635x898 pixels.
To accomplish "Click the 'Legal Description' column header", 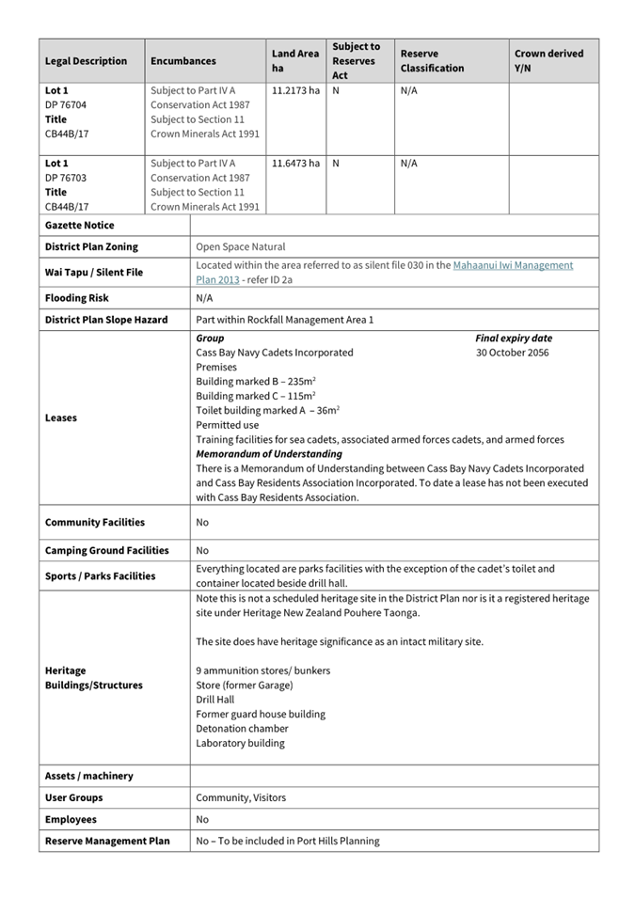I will pyautogui.click(x=86, y=61).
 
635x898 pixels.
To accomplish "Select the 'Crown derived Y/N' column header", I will pyautogui.click(x=548, y=61).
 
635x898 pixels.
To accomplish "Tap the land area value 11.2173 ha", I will pyautogui.click(x=295, y=91).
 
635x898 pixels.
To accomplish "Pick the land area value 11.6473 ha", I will pyautogui.click(x=295, y=164).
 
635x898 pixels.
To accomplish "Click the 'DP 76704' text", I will pyautogui.click(x=66, y=105).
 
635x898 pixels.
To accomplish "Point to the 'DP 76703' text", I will pyautogui.click(x=66, y=178).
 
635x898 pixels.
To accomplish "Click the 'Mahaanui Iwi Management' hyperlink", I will pyautogui.click(x=513, y=265).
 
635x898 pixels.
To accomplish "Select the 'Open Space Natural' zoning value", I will pyautogui.click(x=240, y=247).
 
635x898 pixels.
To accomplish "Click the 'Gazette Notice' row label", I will pyautogui.click(x=79, y=226).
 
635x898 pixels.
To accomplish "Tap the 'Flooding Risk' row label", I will pyautogui.click(x=76, y=298).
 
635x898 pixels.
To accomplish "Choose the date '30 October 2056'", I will pyautogui.click(x=513, y=353).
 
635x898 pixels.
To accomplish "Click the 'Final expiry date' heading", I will pyautogui.click(x=514, y=339).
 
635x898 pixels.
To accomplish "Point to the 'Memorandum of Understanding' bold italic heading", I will pyautogui.click(x=269, y=454).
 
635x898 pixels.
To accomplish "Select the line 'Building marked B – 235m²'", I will pyautogui.click(x=255, y=382).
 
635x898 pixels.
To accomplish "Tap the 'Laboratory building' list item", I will pyautogui.click(x=240, y=743).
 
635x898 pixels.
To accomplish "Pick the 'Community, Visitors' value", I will pyautogui.click(x=241, y=797).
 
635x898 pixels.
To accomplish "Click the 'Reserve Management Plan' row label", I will pyautogui.click(x=107, y=841).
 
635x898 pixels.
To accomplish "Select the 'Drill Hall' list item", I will pyautogui.click(x=215, y=700).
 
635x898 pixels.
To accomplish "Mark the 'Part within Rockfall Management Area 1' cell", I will pyautogui.click(x=284, y=320).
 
